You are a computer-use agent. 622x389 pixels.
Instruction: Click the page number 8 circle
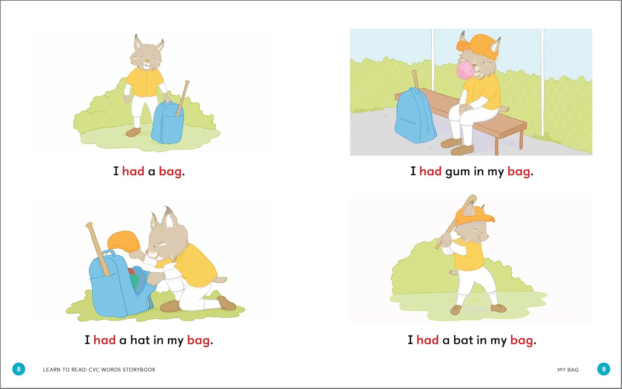click(19, 369)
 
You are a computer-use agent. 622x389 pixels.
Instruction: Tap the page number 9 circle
click(604, 369)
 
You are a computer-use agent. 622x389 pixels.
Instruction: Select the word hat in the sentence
click(140, 340)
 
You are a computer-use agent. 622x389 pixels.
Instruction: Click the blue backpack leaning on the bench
click(415, 116)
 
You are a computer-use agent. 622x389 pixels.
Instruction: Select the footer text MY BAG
click(568, 370)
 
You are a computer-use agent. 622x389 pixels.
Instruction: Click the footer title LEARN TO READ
click(65, 370)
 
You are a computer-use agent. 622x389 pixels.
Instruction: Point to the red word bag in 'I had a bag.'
click(170, 172)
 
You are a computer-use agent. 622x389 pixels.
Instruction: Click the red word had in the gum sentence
click(430, 171)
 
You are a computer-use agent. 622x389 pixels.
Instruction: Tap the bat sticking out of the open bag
click(98, 249)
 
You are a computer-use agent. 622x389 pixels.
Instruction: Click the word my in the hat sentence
click(175, 341)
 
